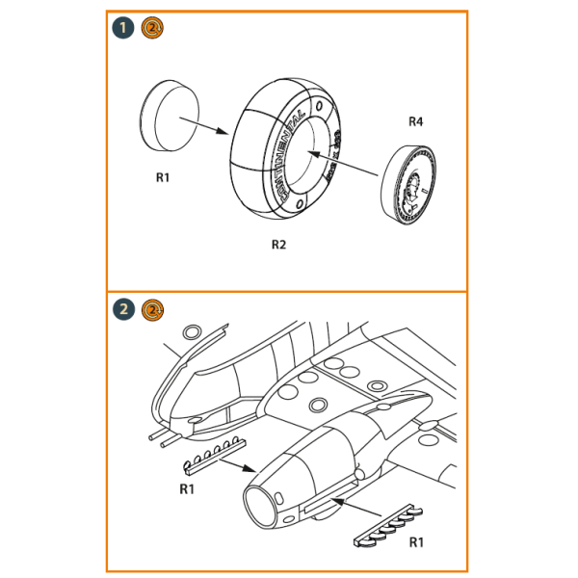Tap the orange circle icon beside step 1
[x=151, y=27]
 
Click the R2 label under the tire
[x=278, y=245]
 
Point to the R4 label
[x=415, y=121]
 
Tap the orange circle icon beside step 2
[x=151, y=309]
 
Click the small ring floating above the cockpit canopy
[x=192, y=332]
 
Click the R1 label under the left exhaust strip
[x=189, y=488]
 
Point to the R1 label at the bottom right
[x=416, y=542]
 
